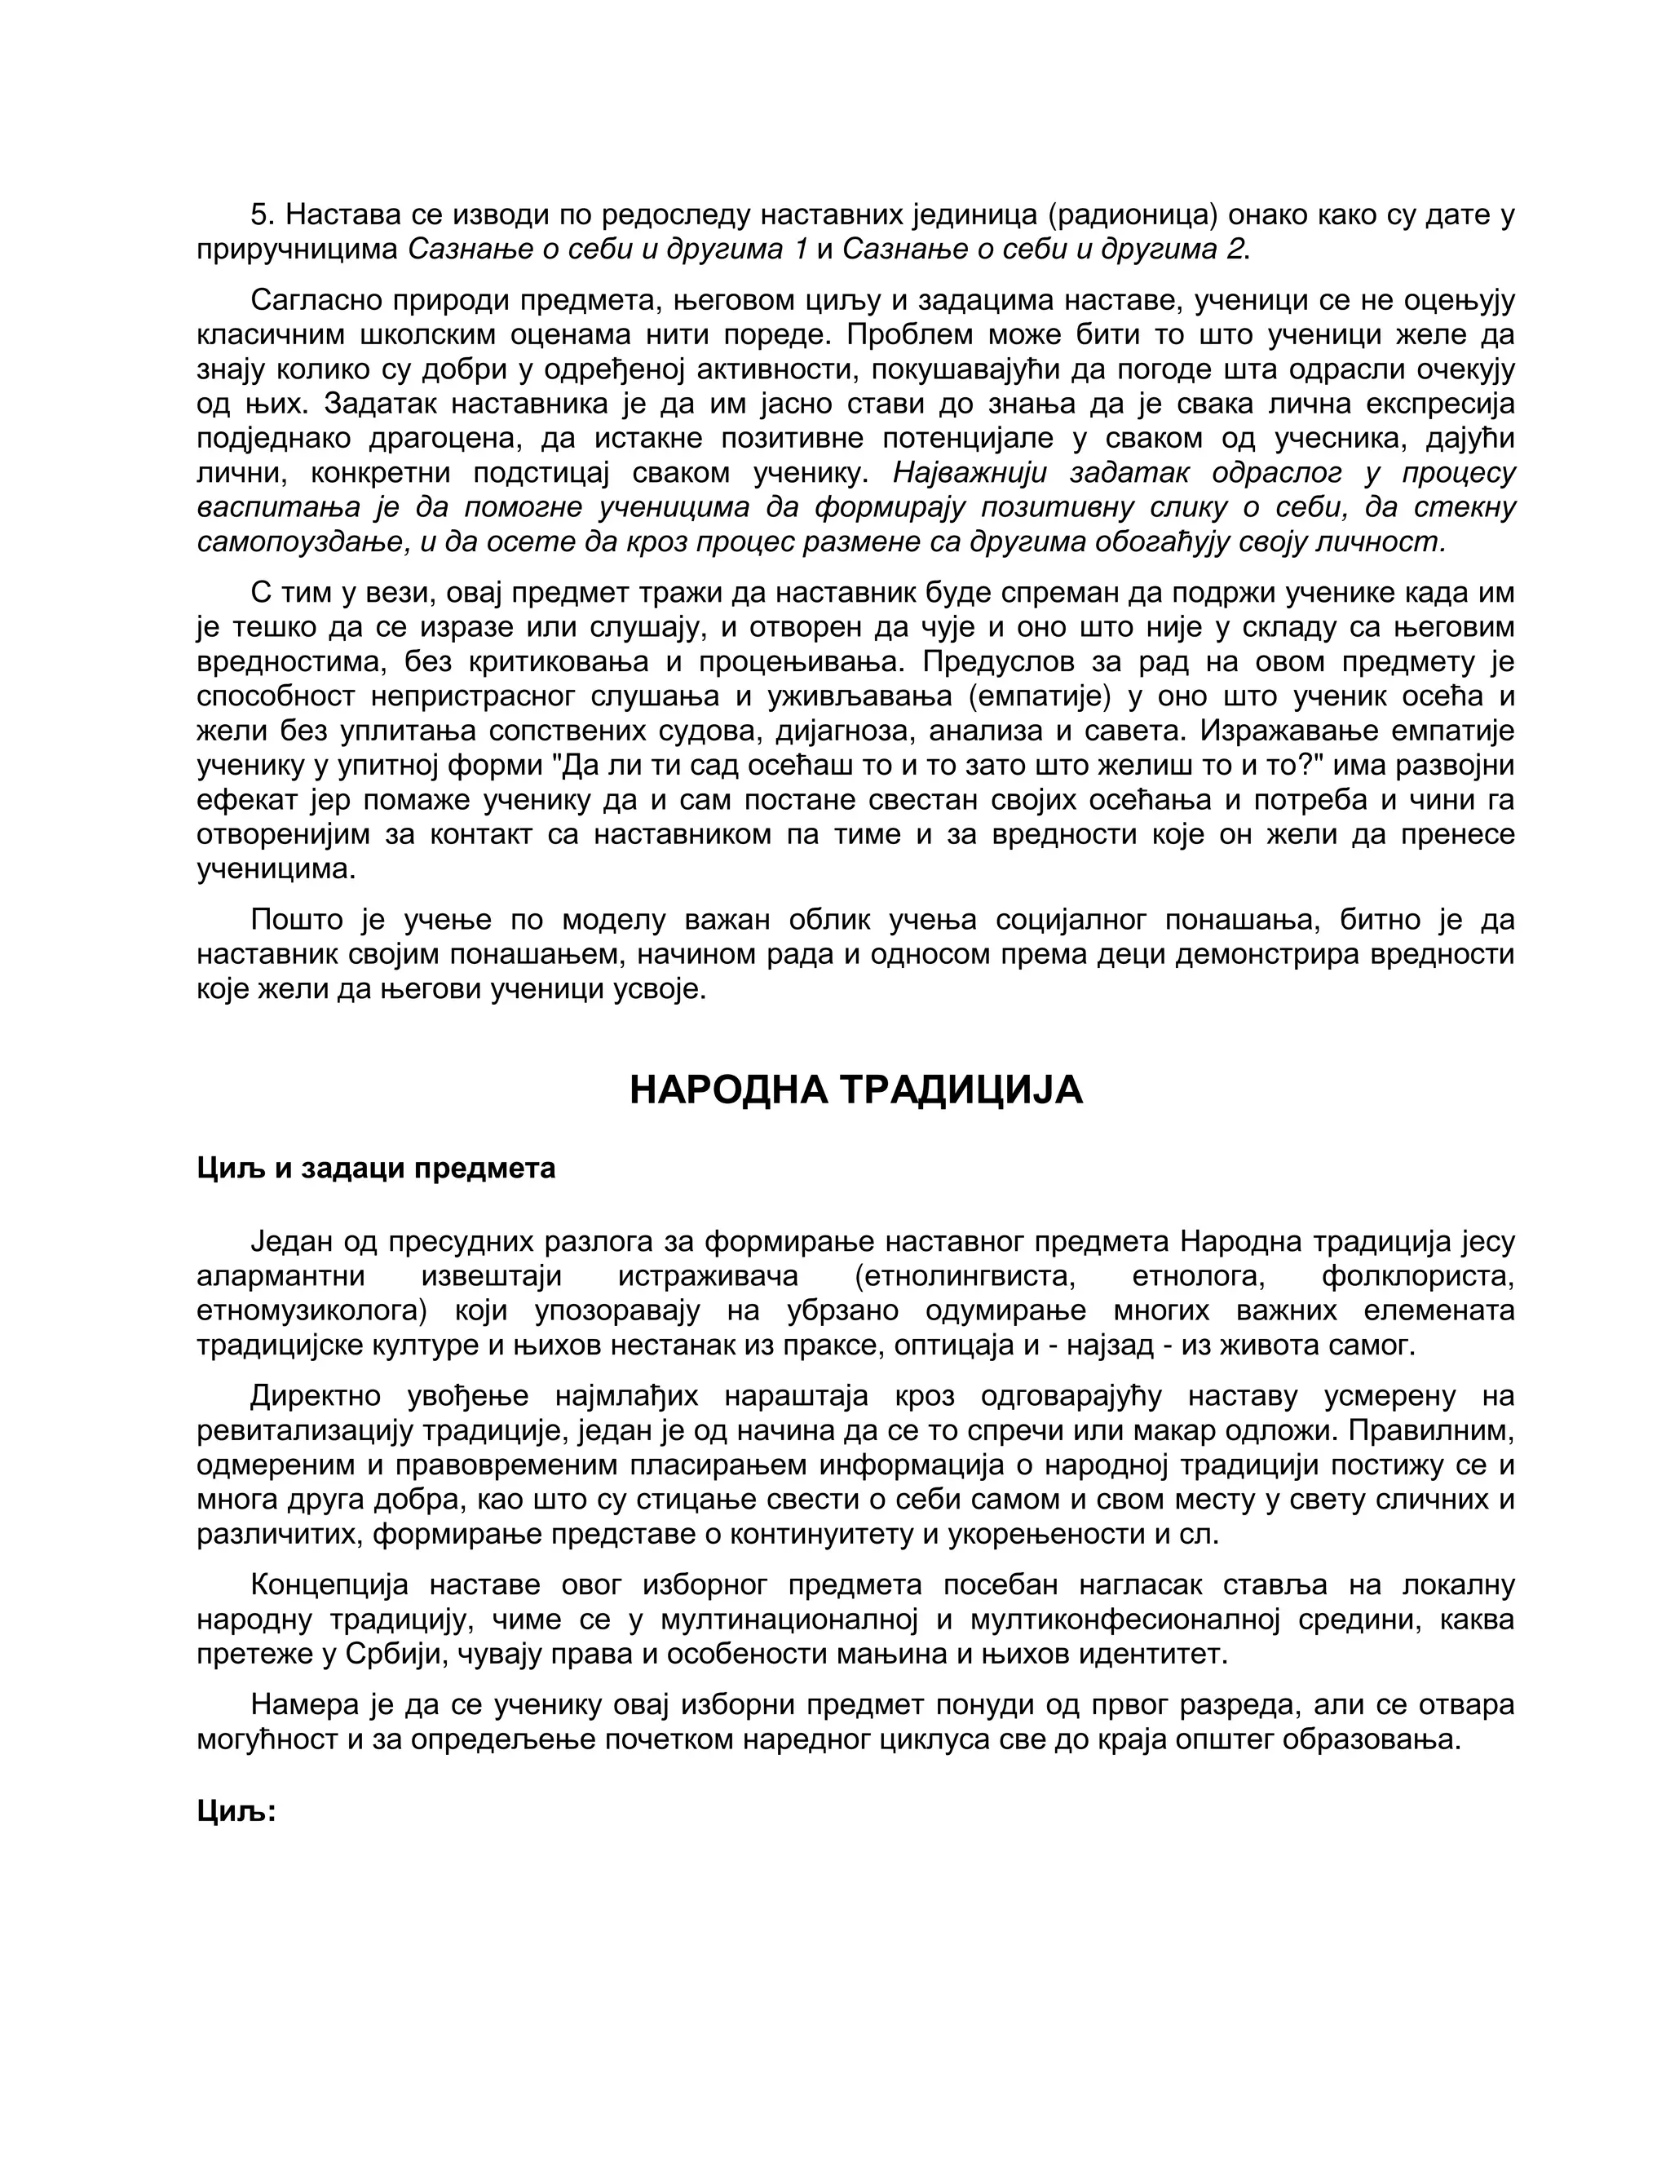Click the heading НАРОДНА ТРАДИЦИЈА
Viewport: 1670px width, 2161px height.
855,1090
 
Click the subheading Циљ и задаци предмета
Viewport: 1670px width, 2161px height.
376,1169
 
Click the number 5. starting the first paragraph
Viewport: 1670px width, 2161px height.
263,214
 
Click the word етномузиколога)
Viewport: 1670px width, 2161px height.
311,1311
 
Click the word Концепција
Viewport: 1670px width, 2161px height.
329,1586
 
